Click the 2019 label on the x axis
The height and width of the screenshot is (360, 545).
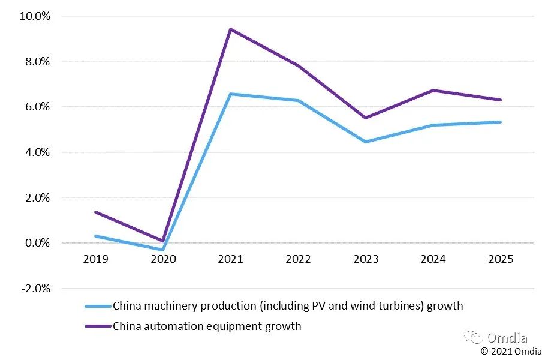click(x=95, y=259)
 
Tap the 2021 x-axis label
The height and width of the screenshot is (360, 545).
click(x=231, y=259)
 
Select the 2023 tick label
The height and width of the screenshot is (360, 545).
click(x=366, y=259)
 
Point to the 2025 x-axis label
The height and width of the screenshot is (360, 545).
click(x=501, y=259)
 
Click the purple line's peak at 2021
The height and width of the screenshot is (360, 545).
click(x=231, y=29)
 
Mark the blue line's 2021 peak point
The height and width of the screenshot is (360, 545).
click(x=231, y=94)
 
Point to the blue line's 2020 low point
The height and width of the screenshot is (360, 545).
click(x=163, y=250)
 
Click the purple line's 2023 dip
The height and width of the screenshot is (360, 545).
click(x=366, y=118)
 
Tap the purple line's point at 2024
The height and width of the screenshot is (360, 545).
click(x=433, y=91)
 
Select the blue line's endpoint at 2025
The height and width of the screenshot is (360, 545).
click(x=501, y=122)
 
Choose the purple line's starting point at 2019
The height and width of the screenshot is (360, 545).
click(x=95, y=212)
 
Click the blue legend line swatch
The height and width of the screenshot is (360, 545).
click(x=98, y=306)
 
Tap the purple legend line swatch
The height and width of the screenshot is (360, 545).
click(x=98, y=326)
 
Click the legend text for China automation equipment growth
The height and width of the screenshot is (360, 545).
click(x=207, y=326)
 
